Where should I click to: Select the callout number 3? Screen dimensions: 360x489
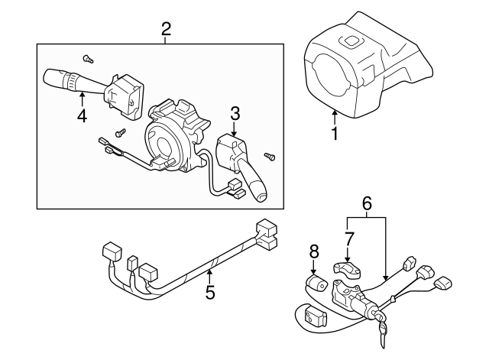coord(235,113)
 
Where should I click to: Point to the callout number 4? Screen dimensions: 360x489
coord(82,116)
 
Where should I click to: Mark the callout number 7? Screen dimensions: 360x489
coord(348,238)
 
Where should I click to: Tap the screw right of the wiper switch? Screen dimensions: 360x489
coord(270,157)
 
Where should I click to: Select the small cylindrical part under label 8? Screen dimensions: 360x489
coord(315,285)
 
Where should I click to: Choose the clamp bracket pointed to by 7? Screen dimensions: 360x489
coord(348,269)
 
